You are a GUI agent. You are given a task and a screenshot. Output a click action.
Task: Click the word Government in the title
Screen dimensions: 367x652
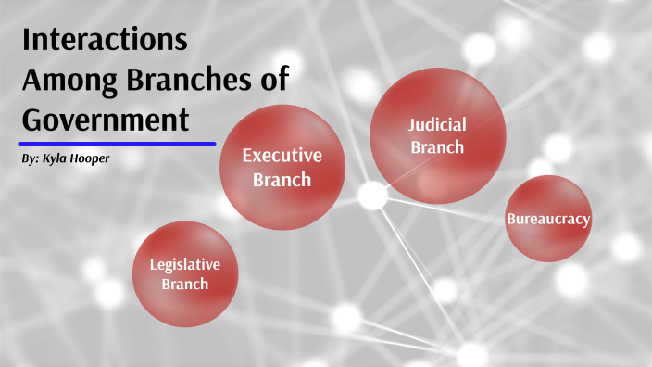105,120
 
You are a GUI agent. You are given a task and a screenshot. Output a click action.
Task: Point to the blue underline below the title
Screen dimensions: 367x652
117,144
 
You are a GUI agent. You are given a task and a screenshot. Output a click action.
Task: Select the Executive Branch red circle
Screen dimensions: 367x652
282,168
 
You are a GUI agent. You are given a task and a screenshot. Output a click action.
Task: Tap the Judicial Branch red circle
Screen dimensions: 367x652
437,135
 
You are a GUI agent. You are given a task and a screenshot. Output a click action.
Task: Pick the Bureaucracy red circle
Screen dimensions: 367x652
548,219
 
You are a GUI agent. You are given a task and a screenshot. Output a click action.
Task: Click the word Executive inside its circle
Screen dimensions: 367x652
282,155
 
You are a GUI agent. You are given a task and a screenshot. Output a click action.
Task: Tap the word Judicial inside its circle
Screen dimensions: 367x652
438,124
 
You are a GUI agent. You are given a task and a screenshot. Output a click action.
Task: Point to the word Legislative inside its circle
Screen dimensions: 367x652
185,264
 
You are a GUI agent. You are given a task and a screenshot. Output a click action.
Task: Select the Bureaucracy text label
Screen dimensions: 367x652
548,219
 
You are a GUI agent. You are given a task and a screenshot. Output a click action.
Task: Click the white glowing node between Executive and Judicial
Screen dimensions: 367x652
372,196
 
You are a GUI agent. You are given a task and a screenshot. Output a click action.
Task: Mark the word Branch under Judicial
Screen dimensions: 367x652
437,146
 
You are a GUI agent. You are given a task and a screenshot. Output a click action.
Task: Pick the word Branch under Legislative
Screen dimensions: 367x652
185,285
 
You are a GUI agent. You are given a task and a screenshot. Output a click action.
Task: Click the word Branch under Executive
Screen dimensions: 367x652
282,179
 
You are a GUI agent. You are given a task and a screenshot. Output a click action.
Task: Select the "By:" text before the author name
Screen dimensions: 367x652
30,159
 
